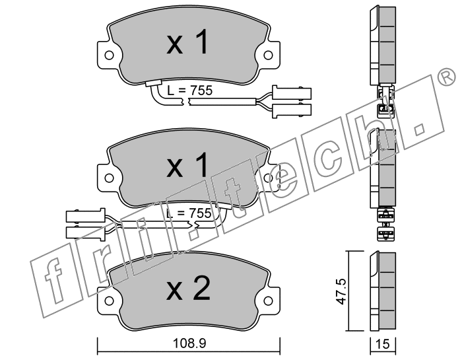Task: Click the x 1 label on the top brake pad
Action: point(187,42)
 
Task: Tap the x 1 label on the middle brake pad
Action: point(187,165)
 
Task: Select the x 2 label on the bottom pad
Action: point(189,288)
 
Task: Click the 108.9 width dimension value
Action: point(189,343)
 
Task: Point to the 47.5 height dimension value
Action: point(342,292)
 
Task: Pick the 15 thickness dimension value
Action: point(383,343)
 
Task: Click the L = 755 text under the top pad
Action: point(189,90)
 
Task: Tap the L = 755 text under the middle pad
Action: point(189,213)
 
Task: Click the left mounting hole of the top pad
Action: point(109,55)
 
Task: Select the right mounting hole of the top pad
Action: point(268,55)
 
